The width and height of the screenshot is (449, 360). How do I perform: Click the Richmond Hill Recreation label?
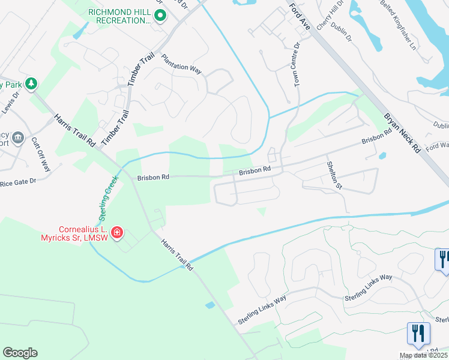click(119, 16)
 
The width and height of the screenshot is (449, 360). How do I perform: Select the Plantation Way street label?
click(181, 63)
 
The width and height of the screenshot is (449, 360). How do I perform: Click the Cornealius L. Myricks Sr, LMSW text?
click(82, 235)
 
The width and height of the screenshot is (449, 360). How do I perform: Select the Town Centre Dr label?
click(297, 65)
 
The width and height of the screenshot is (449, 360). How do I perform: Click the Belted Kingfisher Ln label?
click(397, 24)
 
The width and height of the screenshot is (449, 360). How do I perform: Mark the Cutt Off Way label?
click(41, 154)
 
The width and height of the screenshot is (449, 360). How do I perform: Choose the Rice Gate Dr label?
click(19, 181)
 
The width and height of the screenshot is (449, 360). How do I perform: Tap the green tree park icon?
click(31, 83)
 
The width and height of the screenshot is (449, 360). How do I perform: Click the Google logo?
click(20, 353)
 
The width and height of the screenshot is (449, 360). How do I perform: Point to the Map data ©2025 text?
click(424, 356)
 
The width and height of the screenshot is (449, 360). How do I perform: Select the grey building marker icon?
click(18, 137)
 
